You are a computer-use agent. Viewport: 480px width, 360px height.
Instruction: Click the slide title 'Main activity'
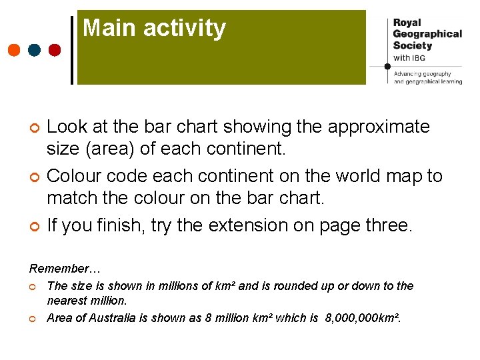pos(154,29)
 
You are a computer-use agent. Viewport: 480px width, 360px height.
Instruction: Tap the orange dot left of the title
pos(14,50)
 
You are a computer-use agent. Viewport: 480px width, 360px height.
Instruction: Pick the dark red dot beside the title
pos(55,50)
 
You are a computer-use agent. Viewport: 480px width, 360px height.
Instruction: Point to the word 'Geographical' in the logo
pos(427,33)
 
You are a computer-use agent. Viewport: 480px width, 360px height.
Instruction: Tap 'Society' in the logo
pos(413,45)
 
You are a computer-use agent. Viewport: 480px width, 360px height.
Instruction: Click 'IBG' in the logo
pos(419,58)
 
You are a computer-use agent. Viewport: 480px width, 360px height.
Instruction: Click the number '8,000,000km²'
pos(363,318)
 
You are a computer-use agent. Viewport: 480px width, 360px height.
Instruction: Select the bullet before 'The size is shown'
pos(33,287)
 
